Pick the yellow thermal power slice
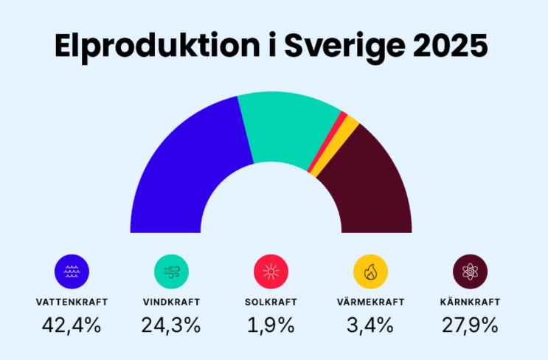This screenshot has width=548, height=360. tap(335, 147)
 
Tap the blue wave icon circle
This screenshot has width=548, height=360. tap(72, 271)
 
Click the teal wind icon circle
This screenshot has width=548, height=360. tap(171, 271)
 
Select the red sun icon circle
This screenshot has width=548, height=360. tap(271, 271)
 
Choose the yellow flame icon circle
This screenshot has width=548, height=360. tap(370, 271)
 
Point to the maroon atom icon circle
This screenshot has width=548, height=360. tap(470, 271)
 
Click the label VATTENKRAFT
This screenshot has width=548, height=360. tap(72, 302)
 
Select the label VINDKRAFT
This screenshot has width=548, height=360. tap(171, 302)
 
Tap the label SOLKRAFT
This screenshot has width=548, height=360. tap(271, 302)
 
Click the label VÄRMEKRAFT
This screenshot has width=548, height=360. tap(370, 301)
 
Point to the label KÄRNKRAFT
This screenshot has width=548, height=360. tap(470, 301)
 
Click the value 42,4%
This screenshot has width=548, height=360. tap(72, 325)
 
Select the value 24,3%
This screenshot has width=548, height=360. tap(171, 325)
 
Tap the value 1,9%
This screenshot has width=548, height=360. tap(271, 325)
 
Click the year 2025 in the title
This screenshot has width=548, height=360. tap(450, 46)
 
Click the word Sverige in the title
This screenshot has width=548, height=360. tap(345, 47)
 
